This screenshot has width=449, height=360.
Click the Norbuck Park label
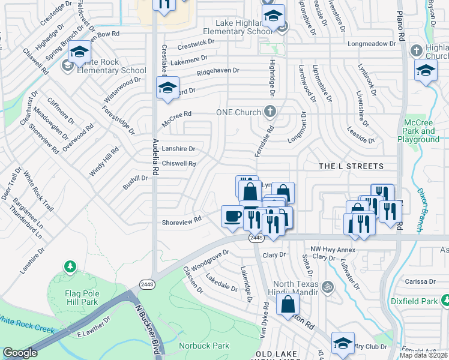point(204,346)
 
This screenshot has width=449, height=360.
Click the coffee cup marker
point(232,216)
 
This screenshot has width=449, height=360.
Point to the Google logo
point(20,353)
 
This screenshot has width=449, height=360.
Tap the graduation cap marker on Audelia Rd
point(168,88)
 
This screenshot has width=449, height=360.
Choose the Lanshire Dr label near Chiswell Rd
point(179,149)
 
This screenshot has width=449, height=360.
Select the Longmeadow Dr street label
point(372,44)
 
